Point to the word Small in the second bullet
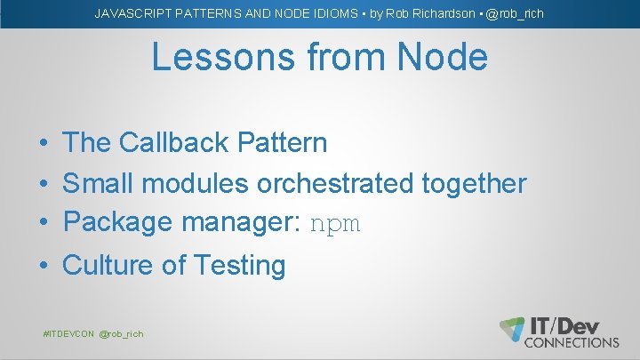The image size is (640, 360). point(99,183)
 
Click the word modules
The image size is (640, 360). point(196,183)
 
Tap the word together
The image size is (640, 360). point(474,184)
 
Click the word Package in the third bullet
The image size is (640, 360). point(118,221)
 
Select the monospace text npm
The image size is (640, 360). point(335,224)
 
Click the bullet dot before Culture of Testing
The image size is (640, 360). point(44,266)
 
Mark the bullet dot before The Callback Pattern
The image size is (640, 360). point(44,143)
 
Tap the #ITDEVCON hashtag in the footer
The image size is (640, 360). point(68,333)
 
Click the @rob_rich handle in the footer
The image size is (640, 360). point(121,333)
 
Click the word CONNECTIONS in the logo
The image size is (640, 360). point(572,341)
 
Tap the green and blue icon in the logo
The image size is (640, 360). point(512,329)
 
